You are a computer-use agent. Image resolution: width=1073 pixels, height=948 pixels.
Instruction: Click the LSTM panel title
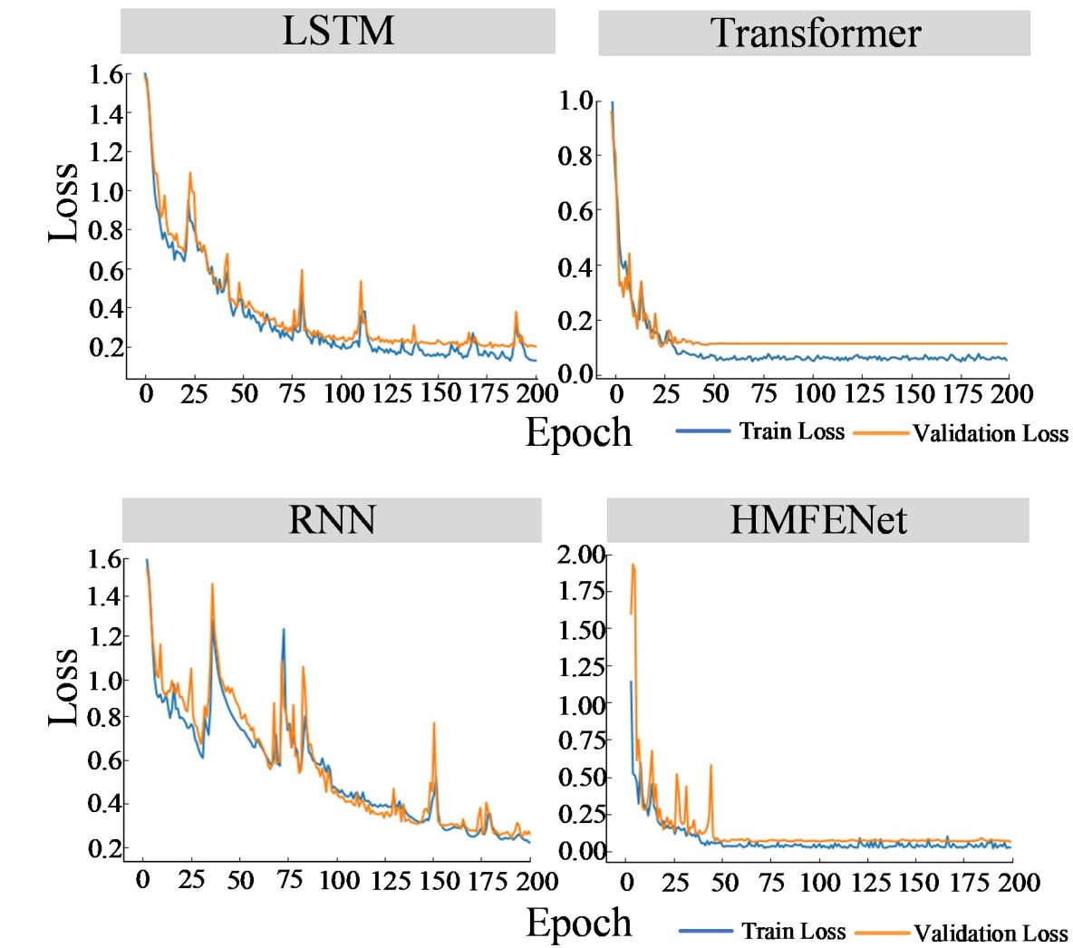(x=338, y=31)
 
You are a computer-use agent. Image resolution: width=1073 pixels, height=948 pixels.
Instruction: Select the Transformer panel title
(x=815, y=34)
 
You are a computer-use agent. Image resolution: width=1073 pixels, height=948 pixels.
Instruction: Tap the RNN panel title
(x=332, y=520)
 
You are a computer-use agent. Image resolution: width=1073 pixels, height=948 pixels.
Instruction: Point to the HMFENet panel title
(x=817, y=520)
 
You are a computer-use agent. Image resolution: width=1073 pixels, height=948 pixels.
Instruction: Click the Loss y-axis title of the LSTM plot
(x=63, y=202)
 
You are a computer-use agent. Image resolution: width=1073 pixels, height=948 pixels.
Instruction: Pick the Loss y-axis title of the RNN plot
(x=63, y=686)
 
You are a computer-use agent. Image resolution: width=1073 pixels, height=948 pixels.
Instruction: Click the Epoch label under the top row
(x=578, y=432)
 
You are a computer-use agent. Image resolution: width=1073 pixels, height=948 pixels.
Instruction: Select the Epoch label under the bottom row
(x=578, y=923)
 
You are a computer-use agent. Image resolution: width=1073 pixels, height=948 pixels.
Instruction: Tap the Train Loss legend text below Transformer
(x=791, y=431)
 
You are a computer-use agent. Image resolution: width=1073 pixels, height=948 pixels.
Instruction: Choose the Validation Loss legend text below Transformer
(x=991, y=433)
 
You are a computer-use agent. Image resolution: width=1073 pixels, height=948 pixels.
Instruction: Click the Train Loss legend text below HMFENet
(x=793, y=931)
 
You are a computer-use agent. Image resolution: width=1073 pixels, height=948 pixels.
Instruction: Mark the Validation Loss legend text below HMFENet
(x=991, y=933)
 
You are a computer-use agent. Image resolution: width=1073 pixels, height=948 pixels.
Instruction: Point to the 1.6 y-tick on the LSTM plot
(x=105, y=74)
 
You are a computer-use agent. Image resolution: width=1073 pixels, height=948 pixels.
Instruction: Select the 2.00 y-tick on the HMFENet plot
(x=580, y=554)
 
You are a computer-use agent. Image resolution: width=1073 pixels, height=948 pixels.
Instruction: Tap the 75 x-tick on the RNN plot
(x=289, y=880)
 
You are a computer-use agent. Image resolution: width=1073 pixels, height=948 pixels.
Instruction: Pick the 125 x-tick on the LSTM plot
(x=391, y=393)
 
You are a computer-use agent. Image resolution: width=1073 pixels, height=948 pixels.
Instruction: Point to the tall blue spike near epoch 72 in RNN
(x=283, y=630)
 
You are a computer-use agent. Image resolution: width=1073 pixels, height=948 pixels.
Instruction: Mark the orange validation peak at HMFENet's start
(x=633, y=565)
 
